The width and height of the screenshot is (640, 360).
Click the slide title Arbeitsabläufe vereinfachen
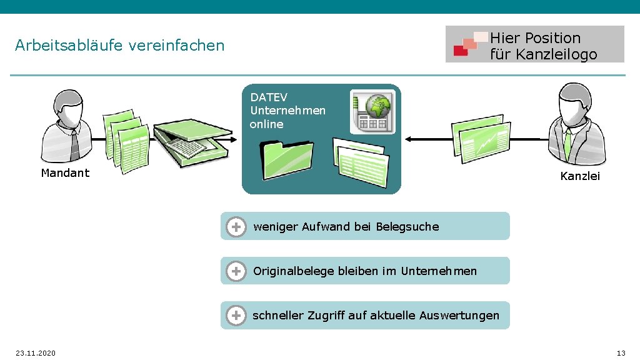coord(119,46)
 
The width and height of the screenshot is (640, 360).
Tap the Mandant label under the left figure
coord(65,173)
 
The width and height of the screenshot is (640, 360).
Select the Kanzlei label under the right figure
coord(580,176)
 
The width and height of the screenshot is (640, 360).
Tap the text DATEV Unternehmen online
coord(287,111)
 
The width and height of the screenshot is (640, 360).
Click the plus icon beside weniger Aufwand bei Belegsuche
coord(236,226)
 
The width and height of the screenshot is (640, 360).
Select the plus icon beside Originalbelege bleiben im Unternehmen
coord(236,271)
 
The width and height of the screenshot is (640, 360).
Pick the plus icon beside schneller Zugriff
coord(236,316)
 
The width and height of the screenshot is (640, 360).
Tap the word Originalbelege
coord(293,271)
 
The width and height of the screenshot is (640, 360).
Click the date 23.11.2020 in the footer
coord(36,354)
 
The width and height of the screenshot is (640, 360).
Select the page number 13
coord(621,354)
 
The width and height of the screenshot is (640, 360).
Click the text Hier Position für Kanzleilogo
coord(543,46)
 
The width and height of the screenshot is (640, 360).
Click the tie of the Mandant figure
coord(75,144)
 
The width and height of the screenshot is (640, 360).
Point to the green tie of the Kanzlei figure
coord(567,144)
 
